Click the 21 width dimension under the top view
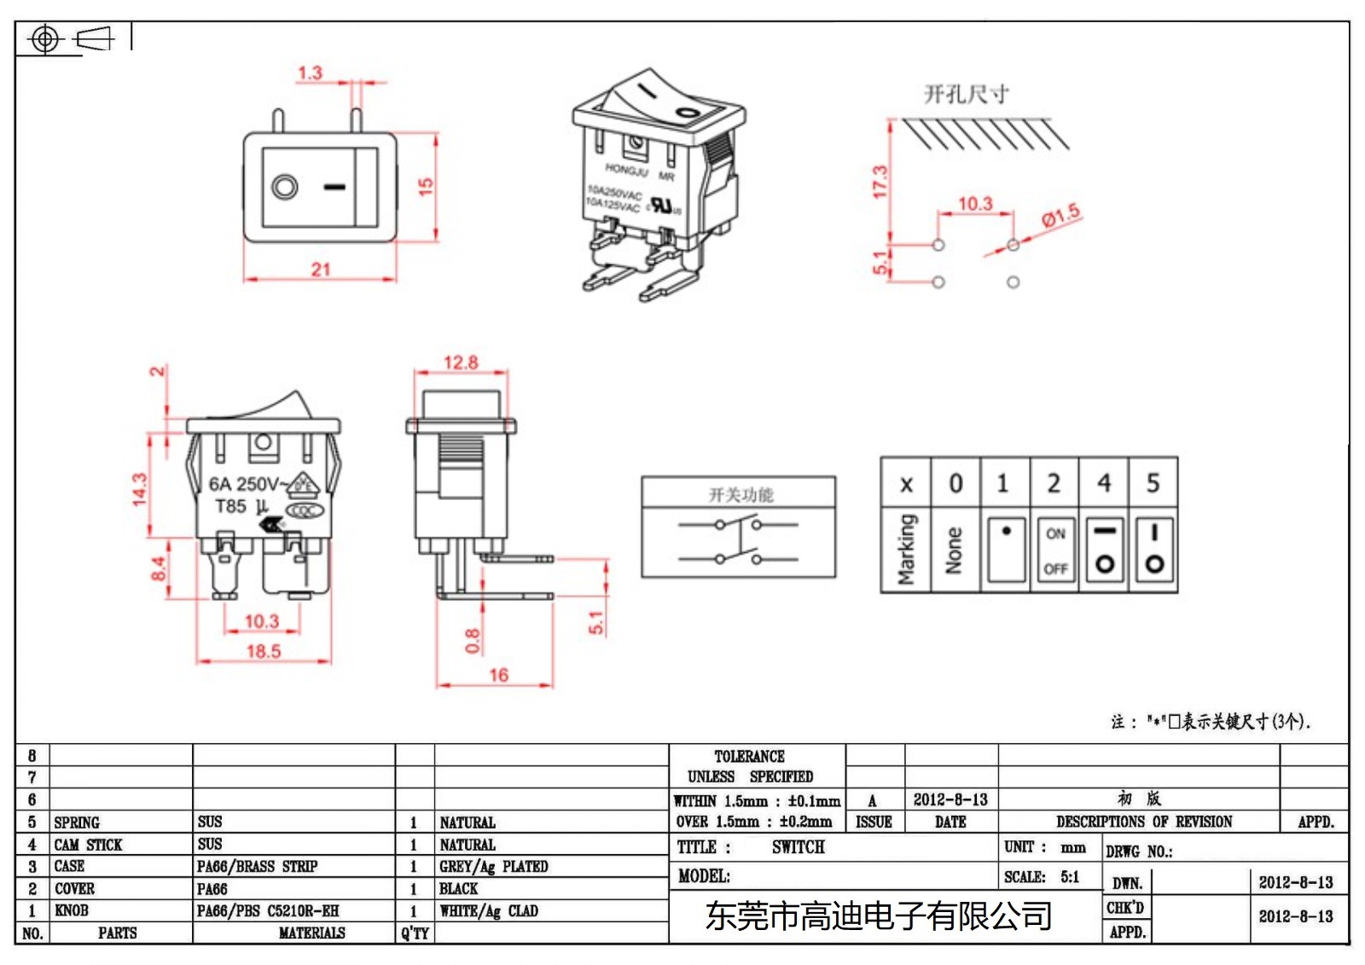(x=321, y=270)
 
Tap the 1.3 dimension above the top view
(x=310, y=73)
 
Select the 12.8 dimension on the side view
(x=461, y=363)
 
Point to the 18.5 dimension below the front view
(x=264, y=651)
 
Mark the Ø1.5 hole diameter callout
(x=1060, y=216)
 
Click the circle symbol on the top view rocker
(x=285, y=187)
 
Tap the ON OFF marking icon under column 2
(x=1055, y=551)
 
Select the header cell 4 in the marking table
(x=1104, y=484)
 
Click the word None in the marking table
(x=955, y=551)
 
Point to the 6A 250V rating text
(x=244, y=484)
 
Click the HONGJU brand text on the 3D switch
(x=627, y=169)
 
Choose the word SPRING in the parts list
(x=77, y=823)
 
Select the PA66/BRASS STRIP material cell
(x=257, y=867)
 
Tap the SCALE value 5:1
(x=1070, y=876)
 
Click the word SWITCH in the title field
(x=798, y=847)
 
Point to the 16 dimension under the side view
(x=498, y=675)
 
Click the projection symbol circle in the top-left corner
(x=45, y=39)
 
